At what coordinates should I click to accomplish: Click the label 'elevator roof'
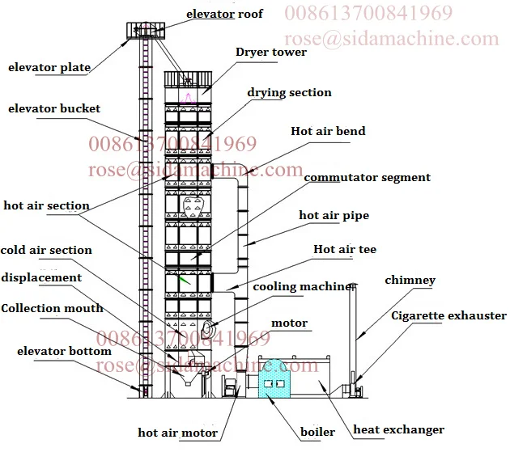coord(225,14)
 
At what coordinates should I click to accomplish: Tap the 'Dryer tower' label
coord(271,53)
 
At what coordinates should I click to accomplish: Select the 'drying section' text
coord(289,92)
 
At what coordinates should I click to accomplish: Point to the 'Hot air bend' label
coord(328,131)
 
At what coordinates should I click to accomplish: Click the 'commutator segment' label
coord(367,177)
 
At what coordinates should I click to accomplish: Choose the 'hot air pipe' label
coord(334,215)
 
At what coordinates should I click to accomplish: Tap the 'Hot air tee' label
coord(345,250)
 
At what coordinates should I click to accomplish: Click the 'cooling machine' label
coord(303,286)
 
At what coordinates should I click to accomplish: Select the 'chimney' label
coord(410,281)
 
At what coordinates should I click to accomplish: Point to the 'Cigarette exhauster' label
coord(449,315)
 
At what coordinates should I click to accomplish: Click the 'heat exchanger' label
coord(398,429)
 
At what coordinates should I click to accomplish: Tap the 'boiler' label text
coord(317,432)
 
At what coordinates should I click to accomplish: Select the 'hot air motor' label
coord(177,433)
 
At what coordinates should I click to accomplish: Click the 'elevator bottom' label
coord(64,351)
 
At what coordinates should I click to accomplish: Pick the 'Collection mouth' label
coord(52,308)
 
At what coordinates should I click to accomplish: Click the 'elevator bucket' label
coord(54,108)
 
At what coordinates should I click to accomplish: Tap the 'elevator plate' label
coord(49,67)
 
